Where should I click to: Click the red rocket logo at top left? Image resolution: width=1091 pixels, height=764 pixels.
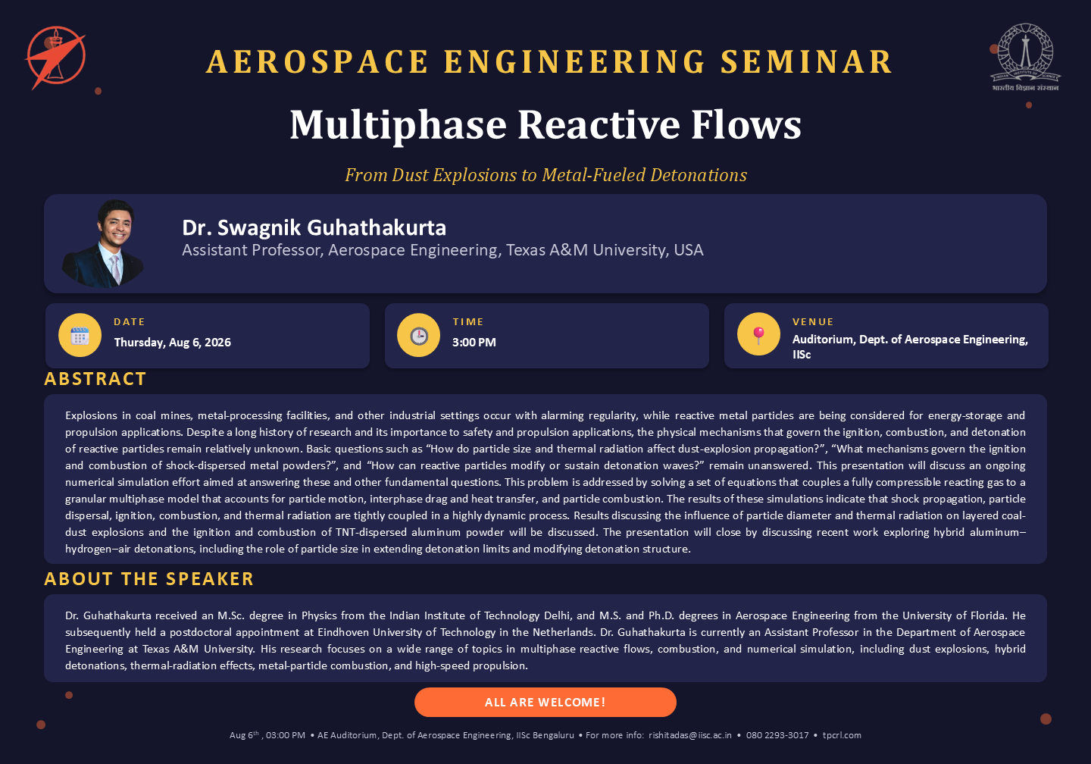(55, 58)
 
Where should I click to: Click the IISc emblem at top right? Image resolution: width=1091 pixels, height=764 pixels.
(1025, 58)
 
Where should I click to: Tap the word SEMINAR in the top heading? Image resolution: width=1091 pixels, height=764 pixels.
(806, 62)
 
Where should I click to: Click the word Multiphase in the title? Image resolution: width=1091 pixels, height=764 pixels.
(398, 125)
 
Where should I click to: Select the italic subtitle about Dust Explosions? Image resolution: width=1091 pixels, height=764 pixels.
(545, 175)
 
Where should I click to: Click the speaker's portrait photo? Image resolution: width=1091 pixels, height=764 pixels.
(103, 243)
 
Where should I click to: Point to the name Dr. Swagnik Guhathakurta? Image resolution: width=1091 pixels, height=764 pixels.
(314, 227)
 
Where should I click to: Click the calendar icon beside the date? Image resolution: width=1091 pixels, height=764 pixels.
(80, 335)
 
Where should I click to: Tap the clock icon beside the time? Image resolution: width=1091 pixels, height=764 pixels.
(418, 335)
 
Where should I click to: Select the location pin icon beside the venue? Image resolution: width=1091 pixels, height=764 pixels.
(758, 334)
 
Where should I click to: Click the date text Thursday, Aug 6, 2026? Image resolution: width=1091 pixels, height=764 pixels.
(173, 343)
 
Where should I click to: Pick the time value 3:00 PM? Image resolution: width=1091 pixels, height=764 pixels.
(474, 343)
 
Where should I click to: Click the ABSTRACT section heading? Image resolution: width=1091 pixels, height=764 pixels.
(95, 379)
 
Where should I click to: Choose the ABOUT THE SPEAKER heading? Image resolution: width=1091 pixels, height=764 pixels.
(148, 579)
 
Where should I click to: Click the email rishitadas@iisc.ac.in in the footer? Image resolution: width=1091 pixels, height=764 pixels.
(689, 735)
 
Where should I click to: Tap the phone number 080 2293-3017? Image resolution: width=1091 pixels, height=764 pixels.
(777, 735)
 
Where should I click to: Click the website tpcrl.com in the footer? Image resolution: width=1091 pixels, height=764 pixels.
(842, 735)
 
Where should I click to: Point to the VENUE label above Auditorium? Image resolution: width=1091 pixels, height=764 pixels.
(813, 322)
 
